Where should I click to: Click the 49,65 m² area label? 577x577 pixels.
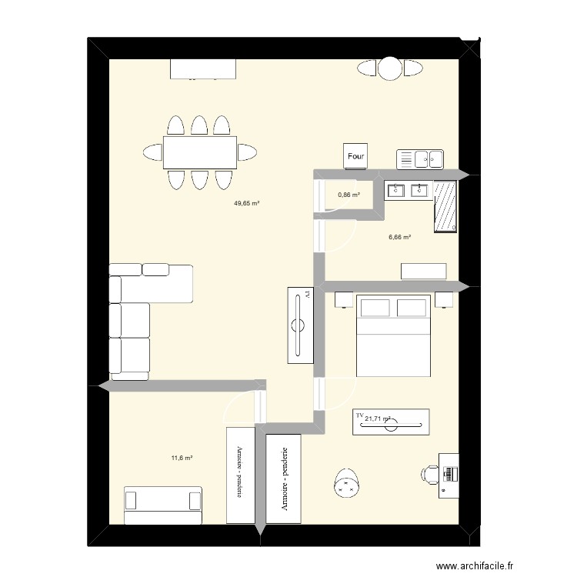click(247, 204)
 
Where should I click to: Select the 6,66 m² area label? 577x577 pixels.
click(400, 237)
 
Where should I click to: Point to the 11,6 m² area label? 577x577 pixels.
click(182, 458)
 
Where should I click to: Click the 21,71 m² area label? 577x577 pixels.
click(378, 419)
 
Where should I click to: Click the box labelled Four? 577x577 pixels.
click(355, 156)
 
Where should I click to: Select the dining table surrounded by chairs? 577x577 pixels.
click(199, 152)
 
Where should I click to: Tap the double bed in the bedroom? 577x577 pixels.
click(394, 335)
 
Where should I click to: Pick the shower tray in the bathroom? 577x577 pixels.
click(445, 206)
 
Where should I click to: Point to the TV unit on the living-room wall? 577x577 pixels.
click(301, 325)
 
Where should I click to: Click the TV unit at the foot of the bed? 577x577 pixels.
click(391, 422)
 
